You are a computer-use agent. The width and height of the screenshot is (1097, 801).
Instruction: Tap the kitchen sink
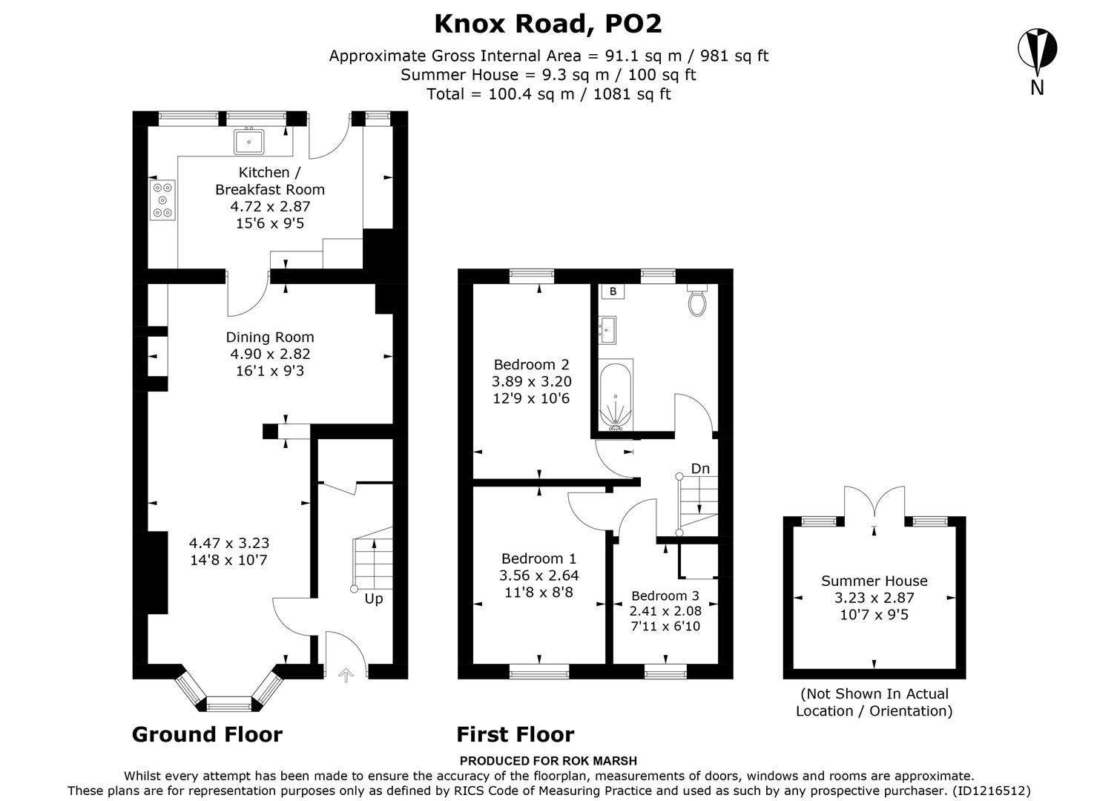[x=251, y=139]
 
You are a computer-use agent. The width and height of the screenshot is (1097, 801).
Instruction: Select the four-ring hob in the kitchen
[x=163, y=200]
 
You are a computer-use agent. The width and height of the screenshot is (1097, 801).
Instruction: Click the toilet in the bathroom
[x=696, y=300]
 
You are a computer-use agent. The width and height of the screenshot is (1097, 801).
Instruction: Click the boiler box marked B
[x=613, y=291]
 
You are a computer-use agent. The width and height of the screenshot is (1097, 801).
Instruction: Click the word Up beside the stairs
[x=374, y=599]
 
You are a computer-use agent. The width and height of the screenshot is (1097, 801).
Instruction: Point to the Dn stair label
[x=700, y=469]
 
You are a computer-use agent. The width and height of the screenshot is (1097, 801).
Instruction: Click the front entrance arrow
[x=346, y=674]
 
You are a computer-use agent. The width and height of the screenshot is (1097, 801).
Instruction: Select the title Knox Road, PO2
[x=547, y=24]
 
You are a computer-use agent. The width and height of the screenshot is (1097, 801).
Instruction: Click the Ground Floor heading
[x=207, y=734]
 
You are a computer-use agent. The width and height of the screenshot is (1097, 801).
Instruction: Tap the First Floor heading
[x=515, y=734]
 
